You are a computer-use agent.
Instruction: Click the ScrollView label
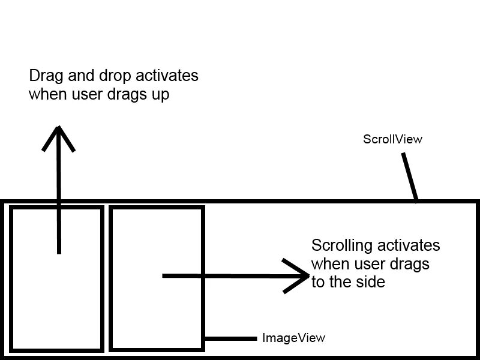pos(392,139)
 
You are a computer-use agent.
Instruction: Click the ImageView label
pos(293,338)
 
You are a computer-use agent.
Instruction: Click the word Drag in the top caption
pos(44,77)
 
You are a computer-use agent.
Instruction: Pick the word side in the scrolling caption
pos(370,282)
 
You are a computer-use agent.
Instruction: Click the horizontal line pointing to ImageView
pos(231,338)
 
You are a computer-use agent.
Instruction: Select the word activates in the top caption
pos(167,77)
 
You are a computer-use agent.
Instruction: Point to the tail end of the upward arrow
pos(59,252)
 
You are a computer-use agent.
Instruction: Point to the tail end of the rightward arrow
pos(164,276)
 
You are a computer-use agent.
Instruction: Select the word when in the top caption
pos(46,95)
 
